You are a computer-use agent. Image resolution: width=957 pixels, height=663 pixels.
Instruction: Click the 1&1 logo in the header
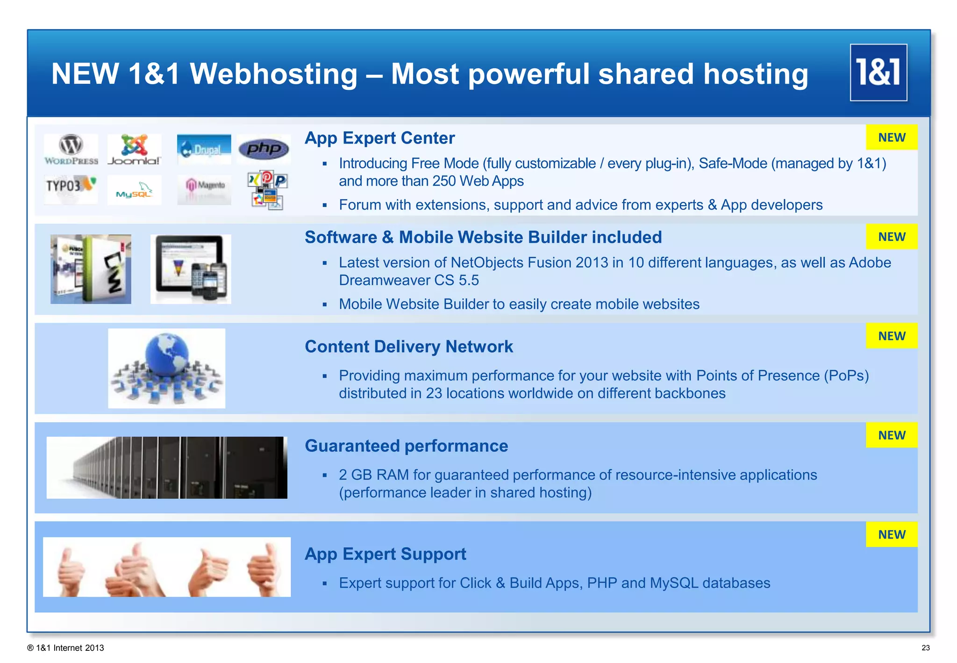(x=878, y=72)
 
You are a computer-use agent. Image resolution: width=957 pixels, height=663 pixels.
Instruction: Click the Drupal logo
(x=204, y=149)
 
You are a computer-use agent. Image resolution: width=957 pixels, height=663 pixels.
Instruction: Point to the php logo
(x=264, y=149)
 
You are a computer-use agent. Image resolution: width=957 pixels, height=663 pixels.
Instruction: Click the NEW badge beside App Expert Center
(x=891, y=137)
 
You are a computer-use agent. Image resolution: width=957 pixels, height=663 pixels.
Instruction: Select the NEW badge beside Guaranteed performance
(x=891, y=435)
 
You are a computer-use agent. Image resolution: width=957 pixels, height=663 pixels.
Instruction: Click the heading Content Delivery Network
(x=408, y=347)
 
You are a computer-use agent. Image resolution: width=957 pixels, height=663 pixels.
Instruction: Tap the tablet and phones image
(x=191, y=269)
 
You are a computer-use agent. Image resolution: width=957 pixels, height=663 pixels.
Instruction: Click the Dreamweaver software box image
(x=91, y=269)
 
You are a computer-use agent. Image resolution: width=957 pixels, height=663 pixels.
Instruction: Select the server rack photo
(x=167, y=468)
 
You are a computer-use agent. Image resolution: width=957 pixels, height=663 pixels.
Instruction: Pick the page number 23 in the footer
(x=925, y=648)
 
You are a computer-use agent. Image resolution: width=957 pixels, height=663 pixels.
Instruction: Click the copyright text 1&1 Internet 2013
(x=66, y=648)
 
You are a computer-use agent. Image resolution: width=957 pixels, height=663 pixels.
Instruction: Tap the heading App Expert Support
(x=385, y=554)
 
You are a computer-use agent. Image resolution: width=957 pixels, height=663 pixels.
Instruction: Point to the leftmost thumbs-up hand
(x=70, y=569)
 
